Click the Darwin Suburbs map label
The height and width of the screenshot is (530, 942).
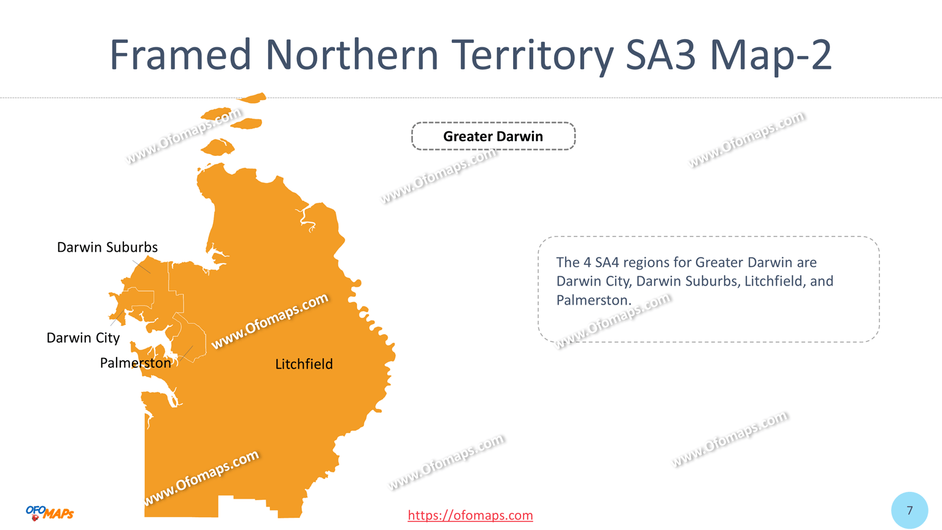(107, 247)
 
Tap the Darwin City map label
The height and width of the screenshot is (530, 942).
(83, 338)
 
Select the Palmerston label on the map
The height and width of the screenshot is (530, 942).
(135, 363)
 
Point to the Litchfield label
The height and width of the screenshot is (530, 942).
(304, 364)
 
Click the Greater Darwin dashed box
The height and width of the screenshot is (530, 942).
(493, 136)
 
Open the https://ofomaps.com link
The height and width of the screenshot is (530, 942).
(470, 515)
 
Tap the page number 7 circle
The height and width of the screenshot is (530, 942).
(909, 510)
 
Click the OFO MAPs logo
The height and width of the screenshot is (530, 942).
(50, 513)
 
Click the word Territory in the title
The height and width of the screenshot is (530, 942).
(531, 55)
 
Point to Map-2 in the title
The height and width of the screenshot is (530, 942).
(771, 55)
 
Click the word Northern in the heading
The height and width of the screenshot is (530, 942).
(352, 55)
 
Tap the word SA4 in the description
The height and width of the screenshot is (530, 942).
(607, 263)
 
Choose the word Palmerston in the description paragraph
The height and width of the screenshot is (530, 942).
(593, 300)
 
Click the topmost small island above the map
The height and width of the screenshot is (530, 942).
(253, 98)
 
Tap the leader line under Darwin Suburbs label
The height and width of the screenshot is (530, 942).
(141, 267)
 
